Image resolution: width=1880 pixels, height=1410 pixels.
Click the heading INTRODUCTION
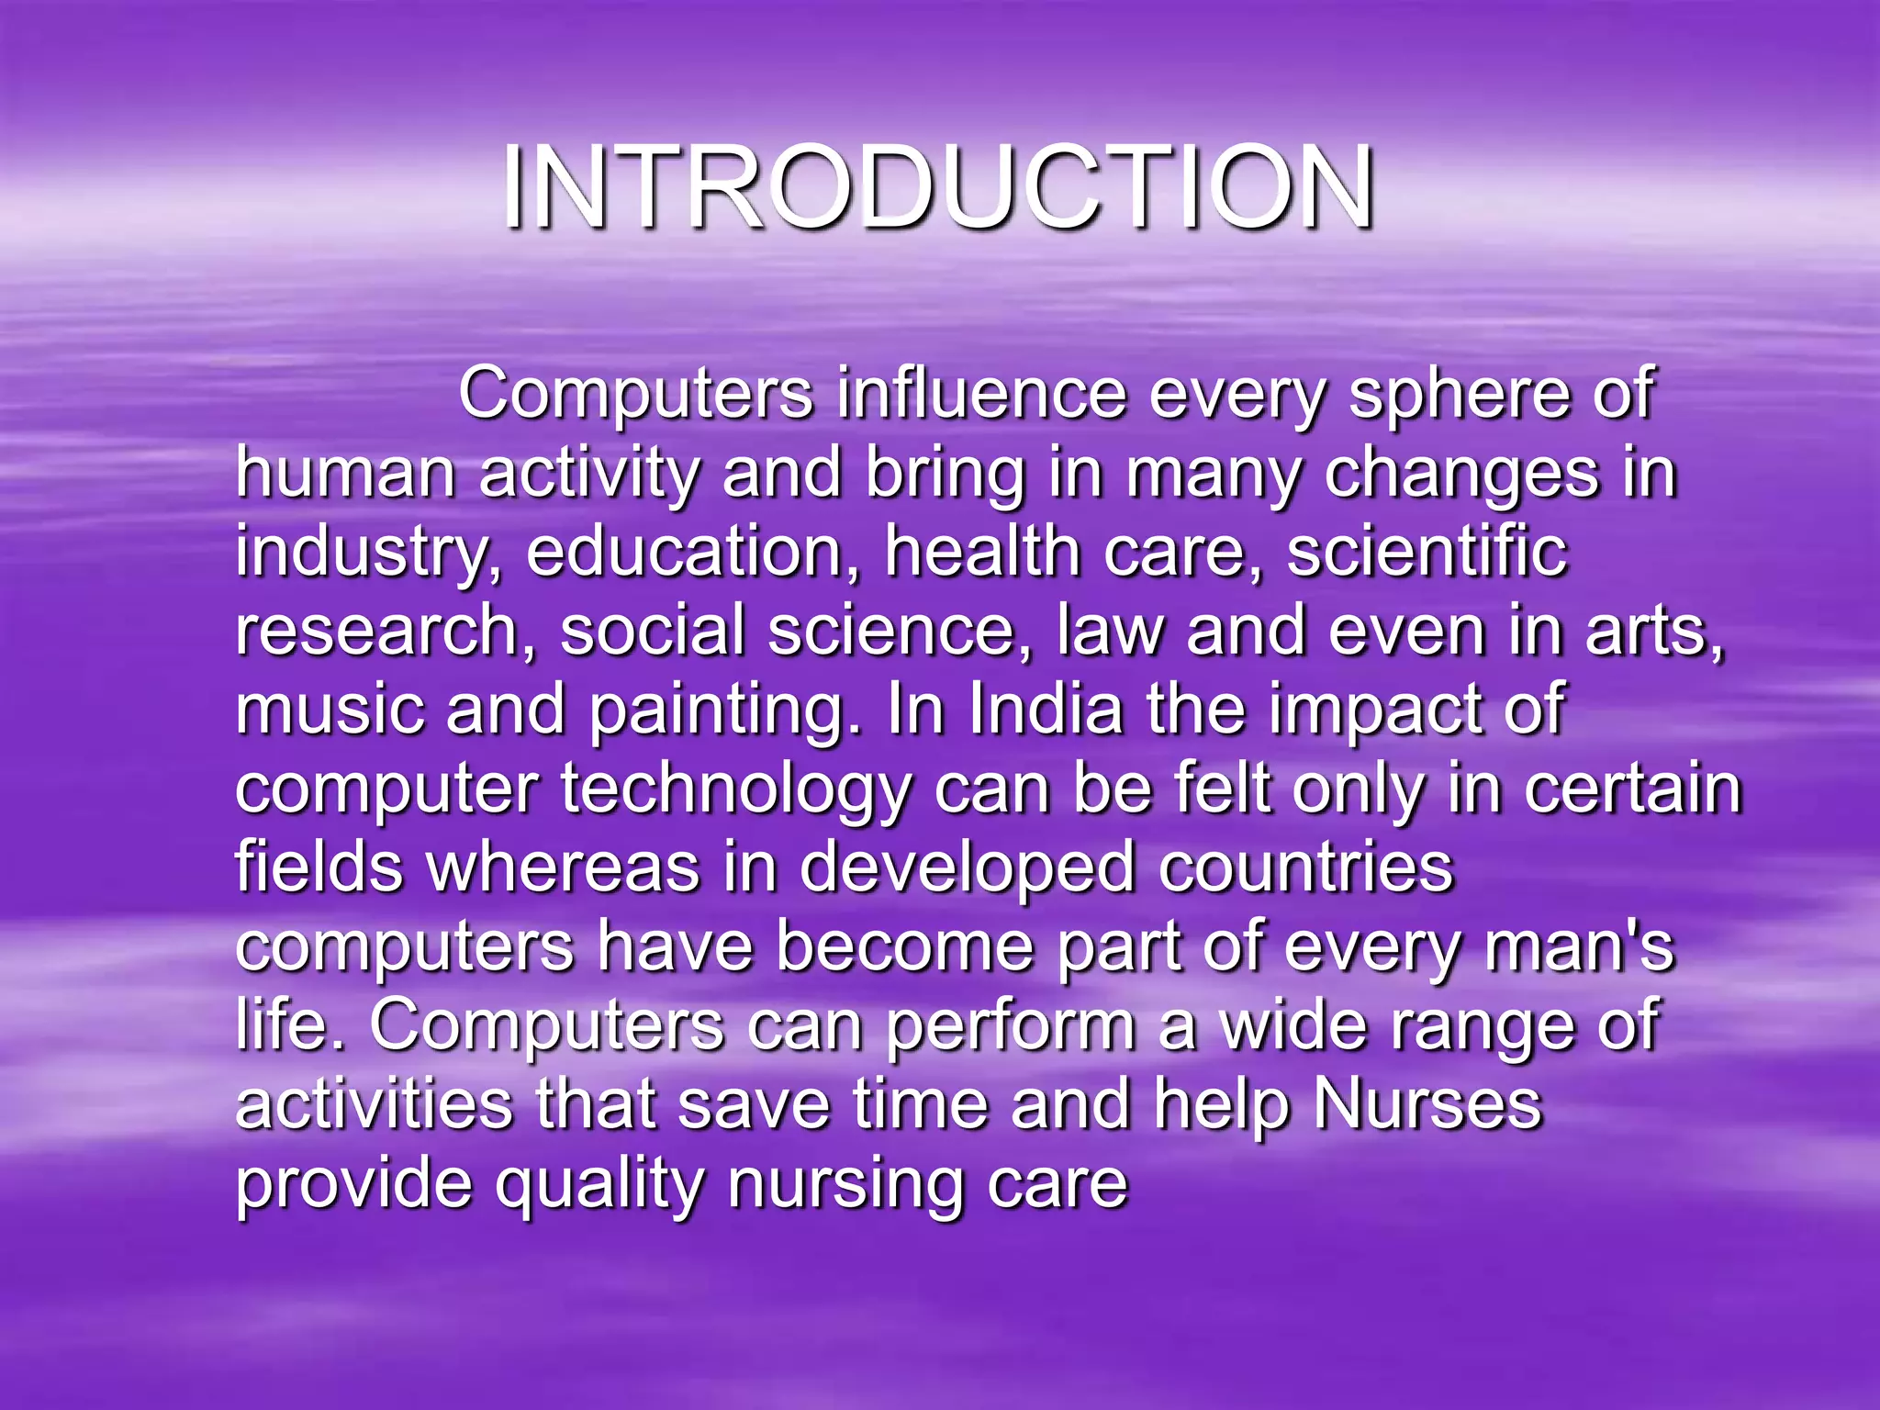938,188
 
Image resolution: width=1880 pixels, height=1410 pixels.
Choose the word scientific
1427,553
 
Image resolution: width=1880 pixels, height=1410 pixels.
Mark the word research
377,632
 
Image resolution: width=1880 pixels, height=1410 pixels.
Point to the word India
1046,711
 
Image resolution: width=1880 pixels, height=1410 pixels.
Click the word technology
734,790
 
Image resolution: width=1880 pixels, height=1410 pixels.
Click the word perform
1011,1026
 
